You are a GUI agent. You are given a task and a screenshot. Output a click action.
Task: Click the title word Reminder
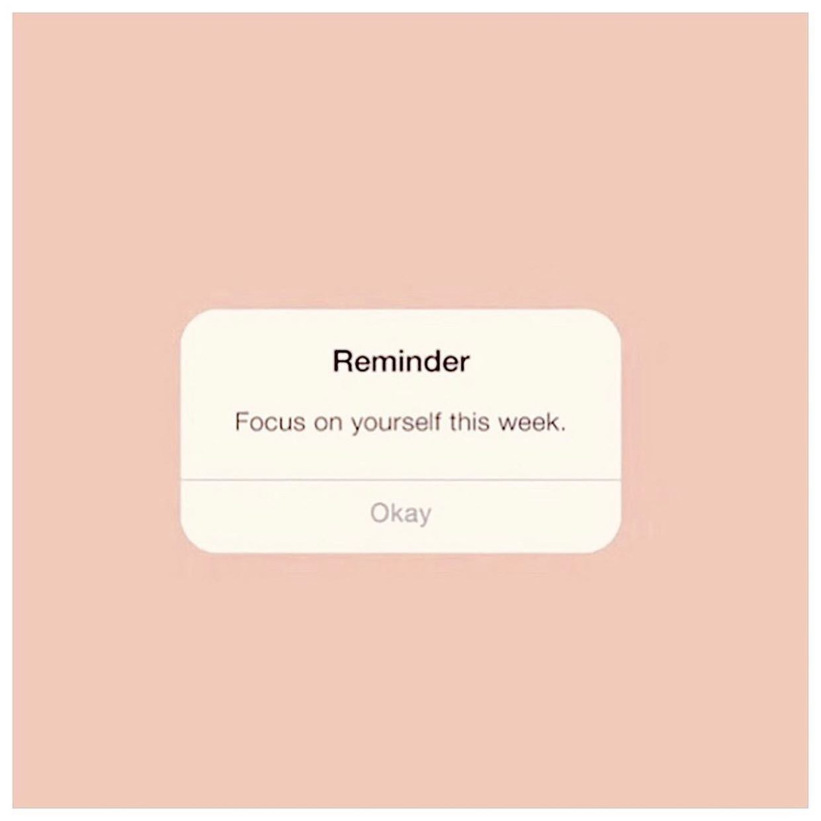(x=401, y=362)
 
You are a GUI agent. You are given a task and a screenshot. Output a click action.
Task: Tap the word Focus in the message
(x=270, y=422)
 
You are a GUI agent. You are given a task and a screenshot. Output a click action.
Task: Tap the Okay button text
(x=401, y=514)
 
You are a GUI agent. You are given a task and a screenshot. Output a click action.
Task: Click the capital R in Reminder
(x=343, y=362)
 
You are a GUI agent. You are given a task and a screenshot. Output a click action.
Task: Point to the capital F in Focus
(x=241, y=422)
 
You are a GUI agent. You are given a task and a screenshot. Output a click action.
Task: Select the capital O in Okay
(x=379, y=512)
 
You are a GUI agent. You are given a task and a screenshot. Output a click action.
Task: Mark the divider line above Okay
(x=401, y=480)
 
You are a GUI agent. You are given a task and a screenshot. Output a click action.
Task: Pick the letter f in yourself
(x=437, y=422)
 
